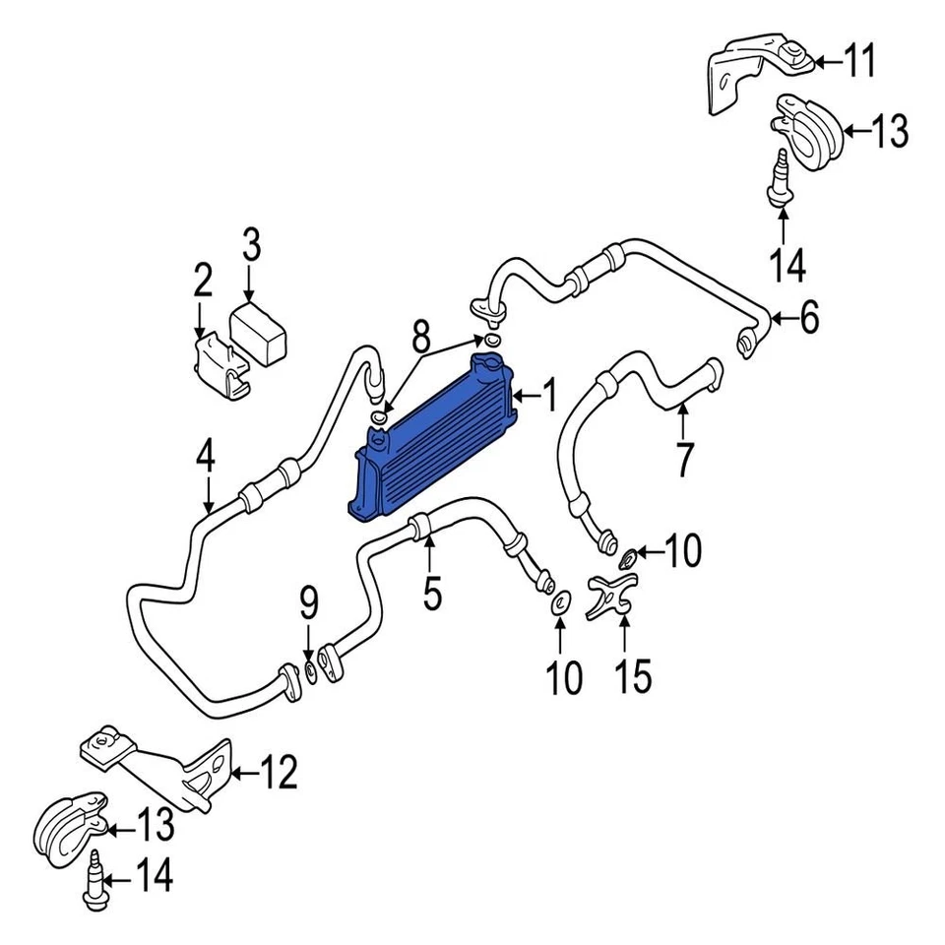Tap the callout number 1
[548, 397]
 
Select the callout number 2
[202, 282]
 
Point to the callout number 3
[251, 243]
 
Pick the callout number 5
[432, 593]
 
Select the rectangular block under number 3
[259, 334]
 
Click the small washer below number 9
[309, 671]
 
